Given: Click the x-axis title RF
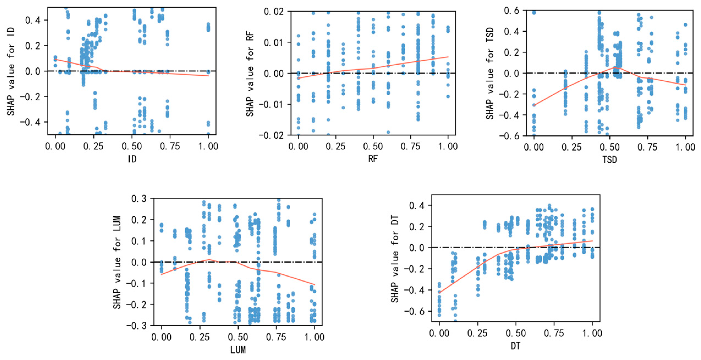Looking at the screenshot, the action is click(x=373, y=159).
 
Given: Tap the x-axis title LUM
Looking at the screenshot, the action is click(x=238, y=350).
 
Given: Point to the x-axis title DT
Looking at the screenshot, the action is click(x=516, y=346).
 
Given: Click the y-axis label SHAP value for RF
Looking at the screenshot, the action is click(x=250, y=74).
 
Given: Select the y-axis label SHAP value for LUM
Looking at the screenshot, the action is click(x=117, y=262).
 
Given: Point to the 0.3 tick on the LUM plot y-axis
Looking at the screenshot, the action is click(x=139, y=199).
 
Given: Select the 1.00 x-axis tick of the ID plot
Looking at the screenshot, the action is click(x=208, y=146).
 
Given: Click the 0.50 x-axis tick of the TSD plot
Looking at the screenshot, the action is click(x=610, y=147).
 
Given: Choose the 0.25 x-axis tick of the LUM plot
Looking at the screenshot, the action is click(x=200, y=337).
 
